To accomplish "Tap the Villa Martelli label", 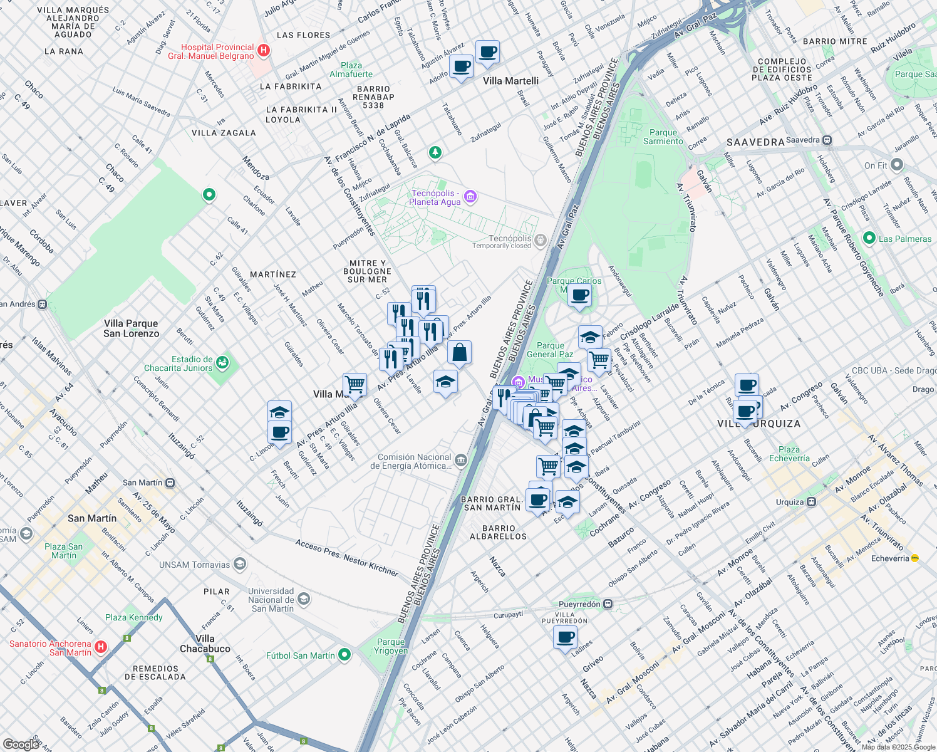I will pyautogui.click(x=510, y=81).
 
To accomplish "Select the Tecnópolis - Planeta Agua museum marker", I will pyautogui.click(x=470, y=197).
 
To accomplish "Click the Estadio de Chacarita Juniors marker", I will pyautogui.click(x=222, y=363).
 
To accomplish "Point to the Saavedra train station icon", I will pyautogui.click(x=827, y=140).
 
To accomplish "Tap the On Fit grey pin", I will pyautogui.click(x=896, y=165).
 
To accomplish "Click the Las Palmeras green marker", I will pyautogui.click(x=869, y=238).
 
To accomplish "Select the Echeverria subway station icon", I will pyautogui.click(x=914, y=558).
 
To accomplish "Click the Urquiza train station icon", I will pyautogui.click(x=811, y=501).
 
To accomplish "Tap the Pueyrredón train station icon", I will pyautogui.click(x=608, y=604).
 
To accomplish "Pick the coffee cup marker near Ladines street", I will pyautogui.click(x=566, y=638).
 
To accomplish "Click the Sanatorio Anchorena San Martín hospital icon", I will pyautogui.click(x=100, y=647).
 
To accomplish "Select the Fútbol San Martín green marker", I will pyautogui.click(x=344, y=655).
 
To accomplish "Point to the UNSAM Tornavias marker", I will pyautogui.click(x=239, y=564).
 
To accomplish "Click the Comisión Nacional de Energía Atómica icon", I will pyautogui.click(x=461, y=461).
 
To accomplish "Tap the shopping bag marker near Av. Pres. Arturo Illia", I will pyautogui.click(x=459, y=353).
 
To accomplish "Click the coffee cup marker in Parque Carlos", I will pyautogui.click(x=579, y=295).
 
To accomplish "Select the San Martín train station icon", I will pyautogui.click(x=170, y=483).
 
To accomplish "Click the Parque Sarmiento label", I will pyautogui.click(x=663, y=137).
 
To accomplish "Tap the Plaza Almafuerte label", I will pyautogui.click(x=351, y=70).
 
